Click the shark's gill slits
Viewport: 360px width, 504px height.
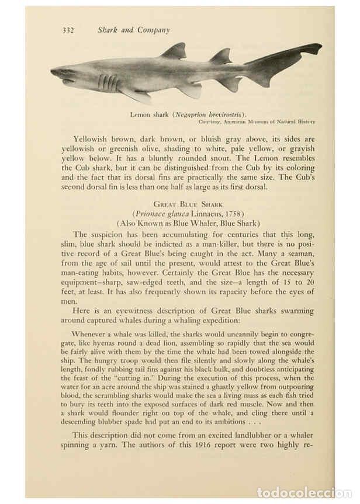[108, 82]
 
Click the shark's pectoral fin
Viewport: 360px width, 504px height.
[133, 94]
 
